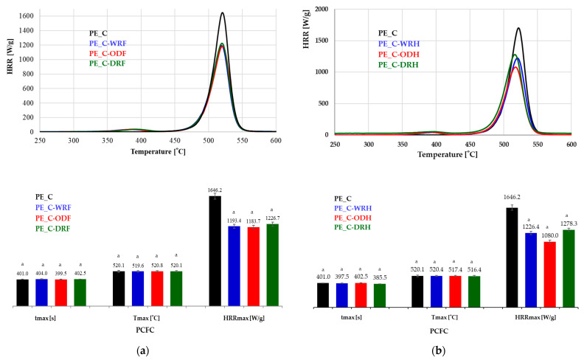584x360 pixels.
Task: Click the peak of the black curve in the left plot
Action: coord(222,13)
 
